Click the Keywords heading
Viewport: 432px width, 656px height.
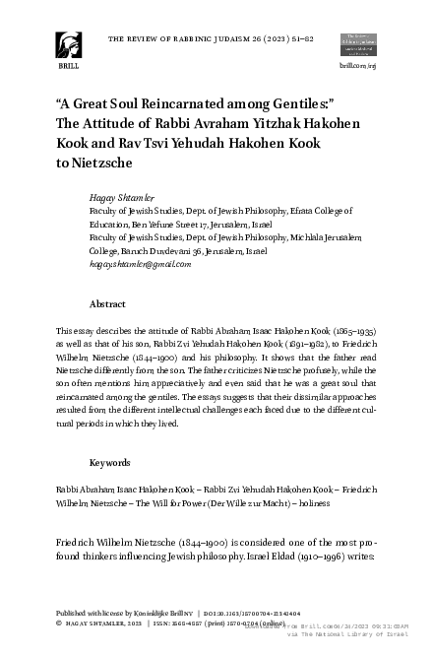coord(110,462)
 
